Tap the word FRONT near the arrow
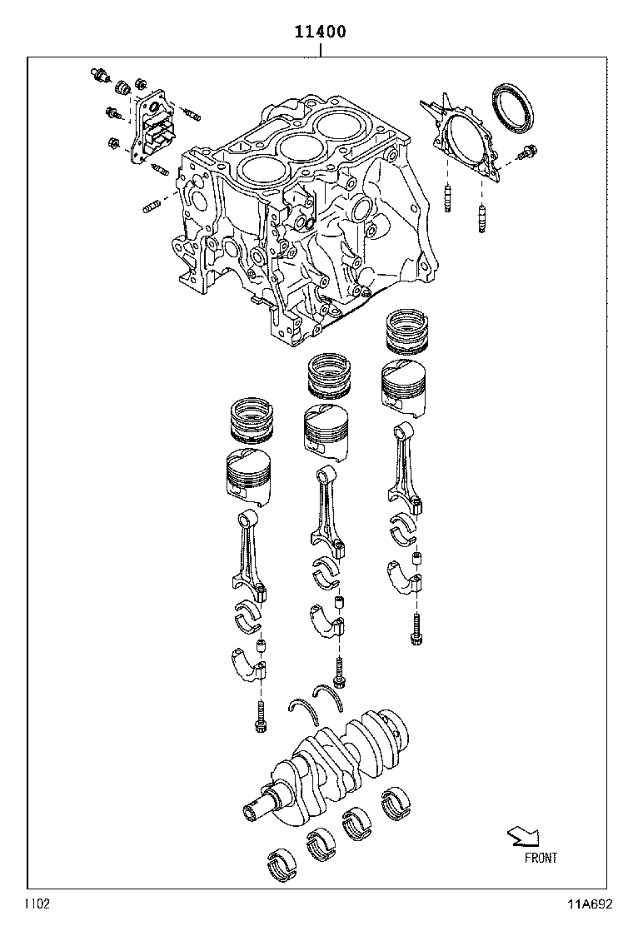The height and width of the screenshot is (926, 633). pos(541,858)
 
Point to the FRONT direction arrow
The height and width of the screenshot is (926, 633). pos(523,835)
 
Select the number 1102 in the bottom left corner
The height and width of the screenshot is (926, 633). pos(36,904)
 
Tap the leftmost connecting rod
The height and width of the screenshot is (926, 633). pos(249,554)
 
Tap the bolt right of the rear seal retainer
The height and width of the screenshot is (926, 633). pos(527,153)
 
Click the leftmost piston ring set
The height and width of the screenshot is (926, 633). pos(252,421)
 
